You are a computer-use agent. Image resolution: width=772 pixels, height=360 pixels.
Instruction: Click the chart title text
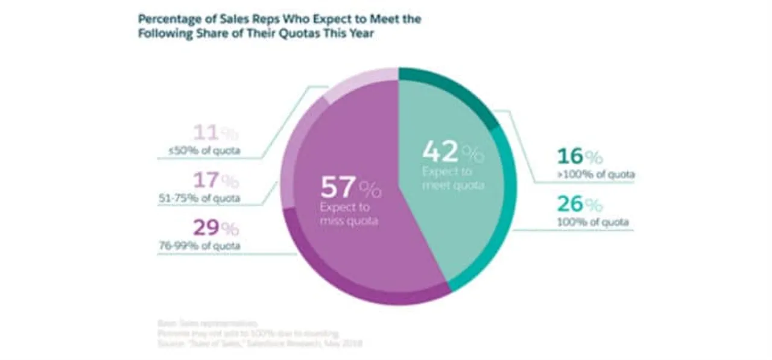279,27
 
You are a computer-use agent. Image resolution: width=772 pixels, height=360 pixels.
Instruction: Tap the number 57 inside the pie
337,188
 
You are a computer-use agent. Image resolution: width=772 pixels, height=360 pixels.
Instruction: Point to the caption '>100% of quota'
595,175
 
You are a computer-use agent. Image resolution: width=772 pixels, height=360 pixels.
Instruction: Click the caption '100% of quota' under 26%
593,223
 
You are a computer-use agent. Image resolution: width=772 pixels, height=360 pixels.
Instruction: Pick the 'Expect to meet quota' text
452,178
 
